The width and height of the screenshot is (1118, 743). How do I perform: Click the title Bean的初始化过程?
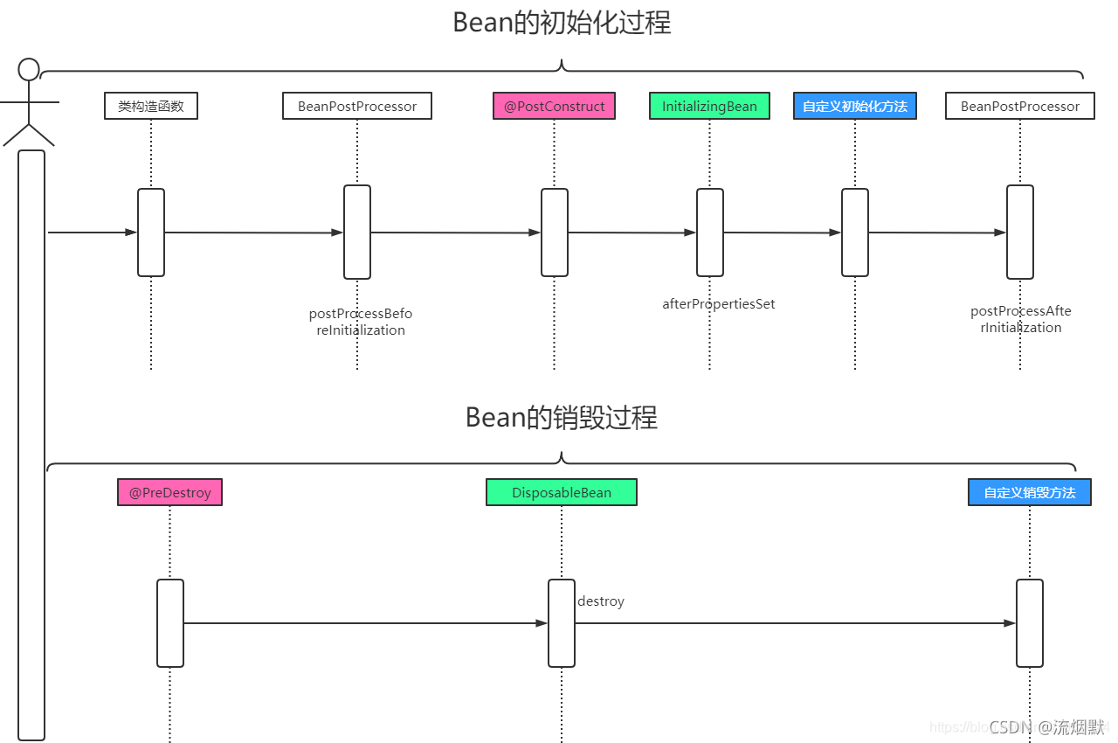(562, 23)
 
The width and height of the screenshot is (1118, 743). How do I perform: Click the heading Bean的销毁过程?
(561, 418)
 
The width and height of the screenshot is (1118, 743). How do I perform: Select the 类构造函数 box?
(150, 106)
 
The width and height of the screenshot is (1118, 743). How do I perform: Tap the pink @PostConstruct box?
(554, 106)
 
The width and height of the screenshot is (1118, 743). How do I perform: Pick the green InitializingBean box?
(709, 106)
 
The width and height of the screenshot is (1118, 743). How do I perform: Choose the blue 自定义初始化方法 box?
(854, 106)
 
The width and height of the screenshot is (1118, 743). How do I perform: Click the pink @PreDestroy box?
(169, 492)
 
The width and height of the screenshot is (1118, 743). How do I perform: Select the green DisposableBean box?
(561, 492)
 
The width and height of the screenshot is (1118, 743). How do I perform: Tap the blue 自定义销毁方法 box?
(1029, 492)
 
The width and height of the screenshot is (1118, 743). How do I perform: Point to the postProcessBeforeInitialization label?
(360, 322)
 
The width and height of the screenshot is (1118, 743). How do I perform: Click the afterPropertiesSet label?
(718, 304)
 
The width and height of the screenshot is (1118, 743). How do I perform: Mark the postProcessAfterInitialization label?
(1020, 319)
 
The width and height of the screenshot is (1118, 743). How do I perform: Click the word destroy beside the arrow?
(600, 601)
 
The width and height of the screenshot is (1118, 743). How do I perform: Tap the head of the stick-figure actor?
(30, 69)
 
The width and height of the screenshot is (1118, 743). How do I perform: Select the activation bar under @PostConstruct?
(554, 233)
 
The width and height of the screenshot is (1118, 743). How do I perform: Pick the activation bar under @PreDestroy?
(169, 622)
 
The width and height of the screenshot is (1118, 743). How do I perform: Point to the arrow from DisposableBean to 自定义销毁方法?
(795, 623)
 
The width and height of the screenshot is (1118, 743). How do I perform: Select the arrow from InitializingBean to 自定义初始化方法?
(782, 233)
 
